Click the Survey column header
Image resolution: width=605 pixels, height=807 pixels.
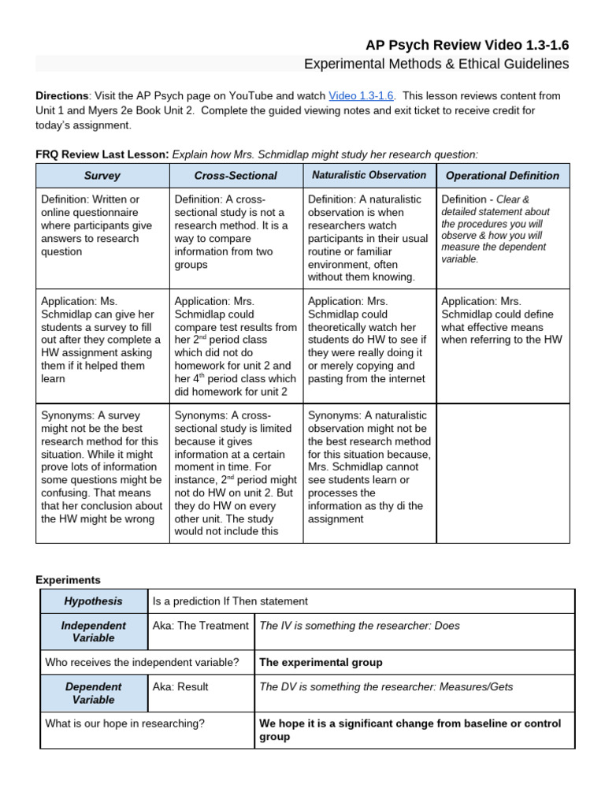coord(102,176)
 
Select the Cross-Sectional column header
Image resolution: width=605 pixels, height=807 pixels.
coord(236,176)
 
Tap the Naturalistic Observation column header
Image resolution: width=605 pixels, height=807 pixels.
coord(369,175)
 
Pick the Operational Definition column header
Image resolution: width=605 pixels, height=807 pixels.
coord(502,176)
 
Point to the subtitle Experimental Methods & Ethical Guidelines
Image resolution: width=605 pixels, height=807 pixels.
coord(436,64)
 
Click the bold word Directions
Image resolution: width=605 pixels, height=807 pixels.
coord(63,95)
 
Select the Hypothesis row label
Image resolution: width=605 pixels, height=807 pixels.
coord(93,601)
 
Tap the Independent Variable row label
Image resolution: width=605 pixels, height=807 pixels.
coord(93,631)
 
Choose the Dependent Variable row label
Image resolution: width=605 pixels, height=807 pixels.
coord(93,693)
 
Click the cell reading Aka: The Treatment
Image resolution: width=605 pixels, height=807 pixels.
coord(200,626)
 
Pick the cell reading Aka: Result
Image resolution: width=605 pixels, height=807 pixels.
coord(182,687)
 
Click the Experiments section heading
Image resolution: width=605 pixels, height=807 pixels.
coord(68,580)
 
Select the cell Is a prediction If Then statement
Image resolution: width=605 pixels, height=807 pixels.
coord(230,601)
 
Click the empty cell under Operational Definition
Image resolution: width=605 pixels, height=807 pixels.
coord(502,473)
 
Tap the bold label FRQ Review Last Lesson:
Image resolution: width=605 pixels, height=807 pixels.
coord(102,154)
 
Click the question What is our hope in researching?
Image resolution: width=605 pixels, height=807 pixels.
coord(124,723)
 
